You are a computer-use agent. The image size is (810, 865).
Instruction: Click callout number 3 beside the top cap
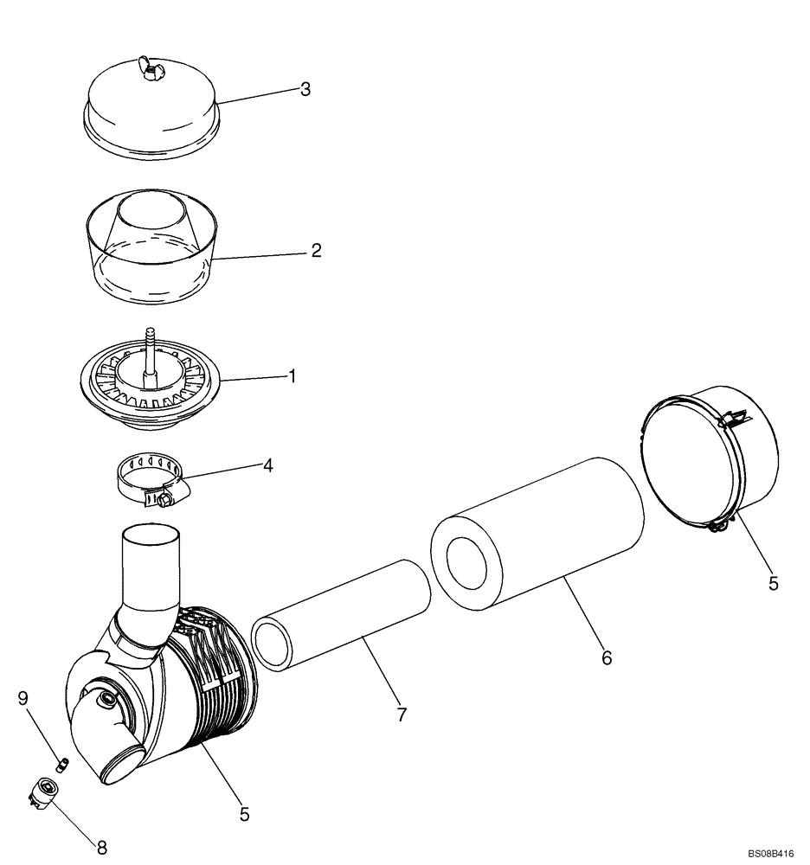[305, 90]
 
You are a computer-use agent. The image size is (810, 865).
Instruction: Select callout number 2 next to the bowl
[316, 251]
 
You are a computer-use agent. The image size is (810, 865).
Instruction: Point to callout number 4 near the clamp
[268, 465]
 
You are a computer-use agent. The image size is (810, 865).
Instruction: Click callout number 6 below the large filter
[606, 658]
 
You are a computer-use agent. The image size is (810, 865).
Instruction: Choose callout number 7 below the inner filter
[402, 714]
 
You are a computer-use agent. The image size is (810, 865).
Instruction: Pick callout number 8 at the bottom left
[101, 848]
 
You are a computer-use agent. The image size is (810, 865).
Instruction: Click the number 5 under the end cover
[773, 583]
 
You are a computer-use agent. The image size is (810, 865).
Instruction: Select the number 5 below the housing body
[244, 814]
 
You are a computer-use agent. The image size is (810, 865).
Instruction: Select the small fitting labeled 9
[62, 764]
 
